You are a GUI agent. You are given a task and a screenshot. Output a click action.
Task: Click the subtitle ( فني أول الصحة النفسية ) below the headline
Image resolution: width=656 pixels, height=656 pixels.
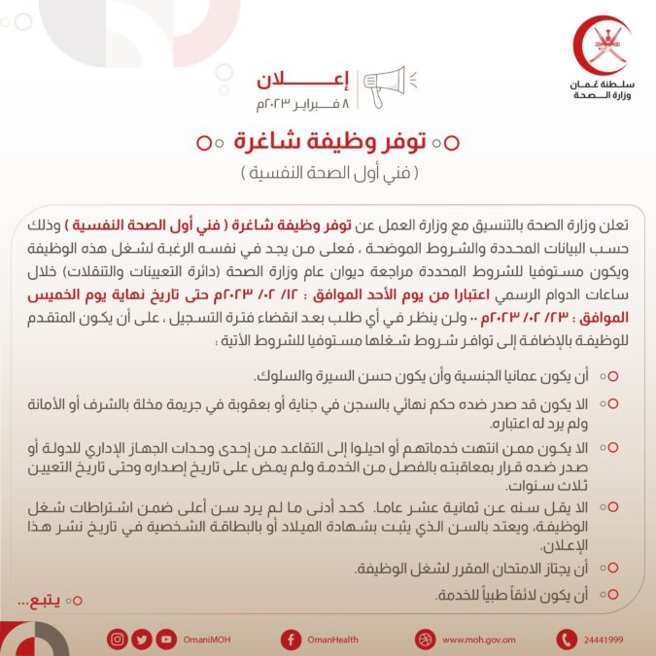pos(328,174)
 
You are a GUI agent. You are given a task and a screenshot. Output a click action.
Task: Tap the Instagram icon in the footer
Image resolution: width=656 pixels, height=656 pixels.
pos(118,639)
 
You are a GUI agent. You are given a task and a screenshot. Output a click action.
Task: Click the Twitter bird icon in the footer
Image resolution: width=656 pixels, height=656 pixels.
pos(142,639)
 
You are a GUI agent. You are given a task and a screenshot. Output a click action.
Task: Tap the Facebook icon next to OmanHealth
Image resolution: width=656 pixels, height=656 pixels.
pos(291,639)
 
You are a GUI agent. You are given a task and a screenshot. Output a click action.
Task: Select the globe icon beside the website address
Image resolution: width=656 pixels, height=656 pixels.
pos(424,639)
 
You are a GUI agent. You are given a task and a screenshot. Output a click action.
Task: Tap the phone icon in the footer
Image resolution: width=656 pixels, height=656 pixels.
pos(566,639)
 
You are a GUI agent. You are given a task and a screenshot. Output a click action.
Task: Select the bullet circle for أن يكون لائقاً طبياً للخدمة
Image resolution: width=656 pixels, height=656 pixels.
pos(613,593)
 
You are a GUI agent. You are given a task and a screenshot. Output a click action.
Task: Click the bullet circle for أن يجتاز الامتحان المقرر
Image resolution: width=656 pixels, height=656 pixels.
pos(613,568)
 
